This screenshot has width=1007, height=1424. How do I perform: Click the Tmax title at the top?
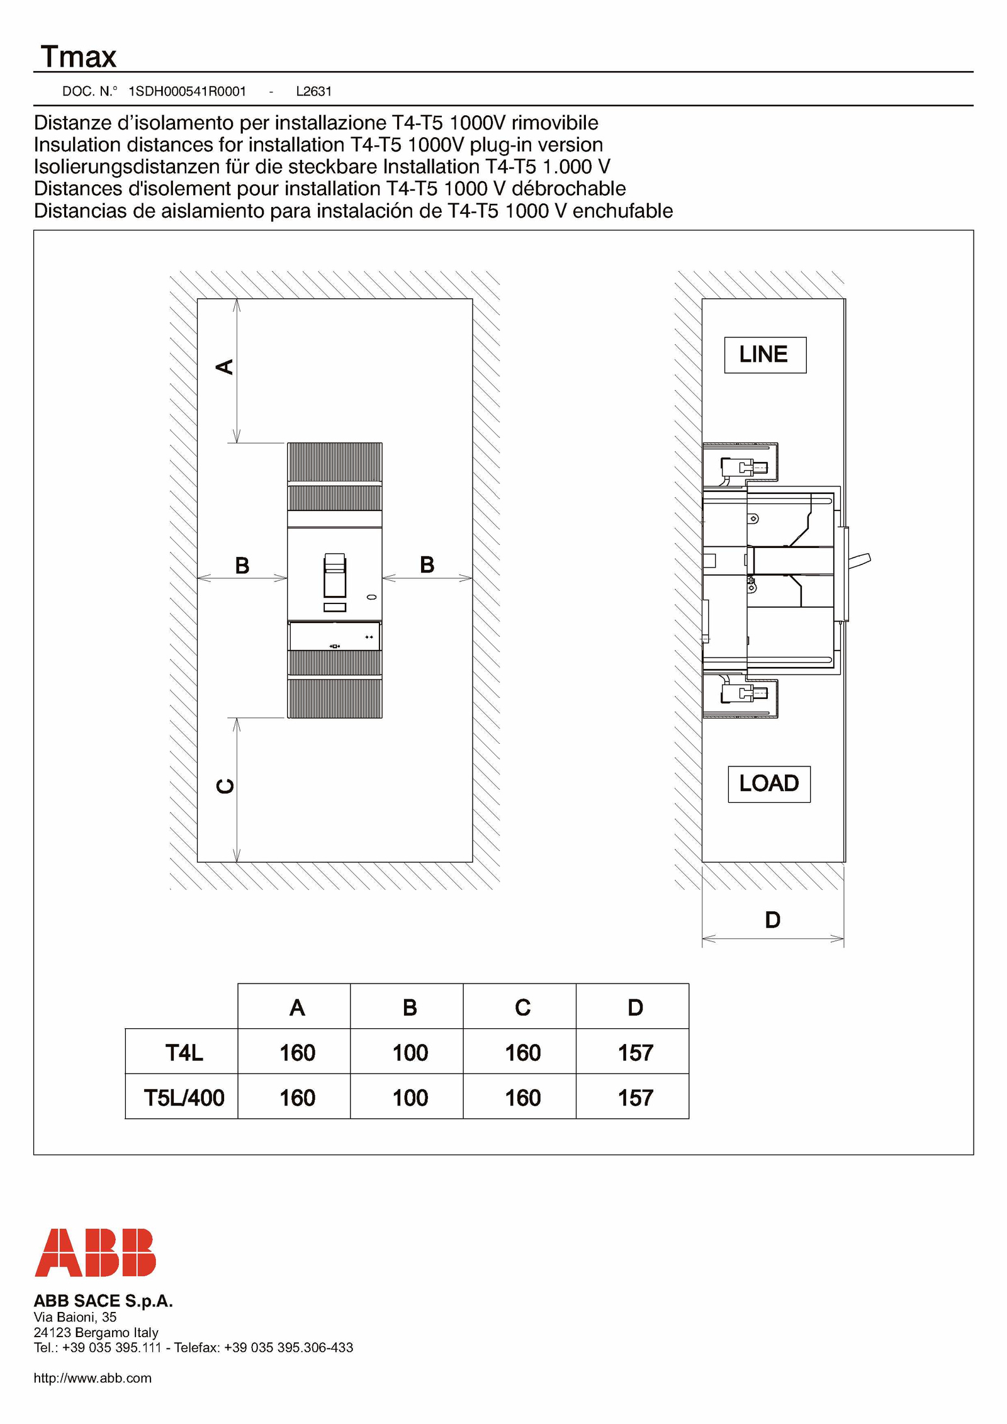pyautogui.click(x=79, y=57)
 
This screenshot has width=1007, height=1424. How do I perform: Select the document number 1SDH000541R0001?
pyautogui.click(x=187, y=91)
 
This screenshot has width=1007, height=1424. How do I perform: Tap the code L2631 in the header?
pyautogui.click(x=313, y=91)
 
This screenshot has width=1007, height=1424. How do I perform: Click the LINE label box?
pyautogui.click(x=765, y=355)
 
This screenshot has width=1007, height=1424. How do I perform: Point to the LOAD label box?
pyautogui.click(x=769, y=784)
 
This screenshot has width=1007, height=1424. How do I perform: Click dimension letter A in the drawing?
pyautogui.click(x=225, y=367)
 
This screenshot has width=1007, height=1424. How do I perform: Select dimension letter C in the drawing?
pyautogui.click(x=225, y=786)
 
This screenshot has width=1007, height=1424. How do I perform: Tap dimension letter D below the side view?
pyautogui.click(x=772, y=920)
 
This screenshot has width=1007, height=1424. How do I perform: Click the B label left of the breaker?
pyautogui.click(x=242, y=565)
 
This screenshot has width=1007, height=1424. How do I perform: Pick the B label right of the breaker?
pyautogui.click(x=427, y=564)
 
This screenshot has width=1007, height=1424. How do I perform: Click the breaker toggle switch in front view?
pyautogui.click(x=335, y=575)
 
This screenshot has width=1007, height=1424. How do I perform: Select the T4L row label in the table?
pyautogui.click(x=184, y=1052)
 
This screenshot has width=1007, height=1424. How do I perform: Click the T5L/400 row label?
pyautogui.click(x=184, y=1098)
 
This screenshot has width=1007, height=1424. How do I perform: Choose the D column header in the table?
pyautogui.click(x=635, y=1007)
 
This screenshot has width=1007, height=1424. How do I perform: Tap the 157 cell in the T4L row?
pyautogui.click(x=635, y=1053)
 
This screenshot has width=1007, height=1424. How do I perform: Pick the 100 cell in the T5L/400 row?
pyautogui.click(x=410, y=1098)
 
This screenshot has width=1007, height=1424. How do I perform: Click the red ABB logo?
pyautogui.click(x=96, y=1252)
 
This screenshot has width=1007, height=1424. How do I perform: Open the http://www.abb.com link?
pyautogui.click(x=93, y=1377)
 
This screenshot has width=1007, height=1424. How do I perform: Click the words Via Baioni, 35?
pyautogui.click(x=75, y=1316)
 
